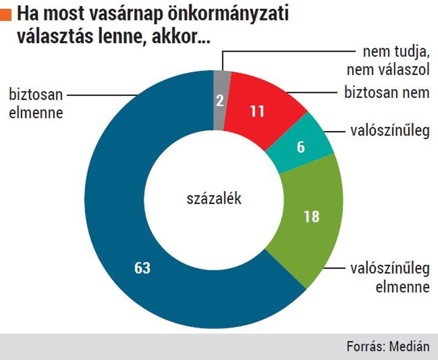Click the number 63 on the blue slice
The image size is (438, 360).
click(142, 268)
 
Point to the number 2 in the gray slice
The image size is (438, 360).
click(220, 101)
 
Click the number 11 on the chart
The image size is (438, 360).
click(257, 111)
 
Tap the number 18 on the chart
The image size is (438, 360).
click(311, 217)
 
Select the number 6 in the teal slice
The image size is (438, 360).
click(301, 147)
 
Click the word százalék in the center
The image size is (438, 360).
click(214, 199)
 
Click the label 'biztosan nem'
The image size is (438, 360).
click(387, 93)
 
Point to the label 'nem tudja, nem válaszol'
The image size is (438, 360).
click(388, 61)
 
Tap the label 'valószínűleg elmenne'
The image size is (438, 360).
click(390, 278)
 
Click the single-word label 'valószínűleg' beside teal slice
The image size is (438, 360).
click(390, 130)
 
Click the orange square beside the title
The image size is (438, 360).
click(6, 15)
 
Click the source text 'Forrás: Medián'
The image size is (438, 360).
click(388, 346)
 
